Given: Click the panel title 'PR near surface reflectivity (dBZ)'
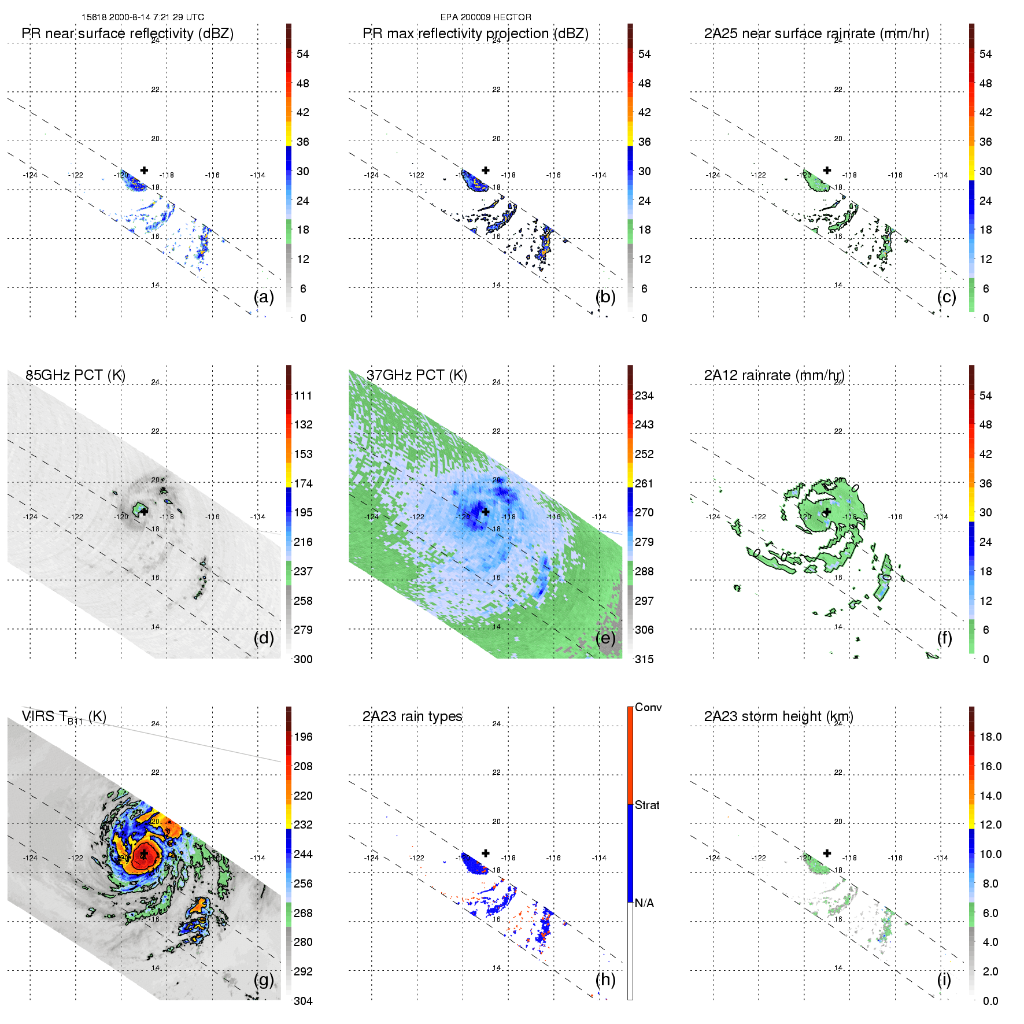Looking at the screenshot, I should [x=127, y=34].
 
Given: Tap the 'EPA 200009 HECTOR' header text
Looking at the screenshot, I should [x=486, y=17].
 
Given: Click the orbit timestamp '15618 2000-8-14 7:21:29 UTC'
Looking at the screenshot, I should [x=143, y=17].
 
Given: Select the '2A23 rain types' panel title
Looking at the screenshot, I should [x=412, y=716].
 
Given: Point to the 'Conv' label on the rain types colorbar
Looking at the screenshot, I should [x=648, y=707].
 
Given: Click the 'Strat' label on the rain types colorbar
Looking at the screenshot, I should [x=647, y=805].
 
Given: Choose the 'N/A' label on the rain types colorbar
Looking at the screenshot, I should [x=644, y=903].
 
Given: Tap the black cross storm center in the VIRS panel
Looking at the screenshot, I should [x=144, y=854].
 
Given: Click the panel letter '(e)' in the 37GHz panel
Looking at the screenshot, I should [x=605, y=638].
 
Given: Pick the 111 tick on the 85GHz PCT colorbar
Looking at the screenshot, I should [x=303, y=395].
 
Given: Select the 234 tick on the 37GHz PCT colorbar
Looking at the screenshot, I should [x=644, y=395].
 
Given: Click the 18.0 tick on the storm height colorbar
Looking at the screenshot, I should [x=990, y=737].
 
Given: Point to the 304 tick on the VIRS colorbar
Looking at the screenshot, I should [x=303, y=1001].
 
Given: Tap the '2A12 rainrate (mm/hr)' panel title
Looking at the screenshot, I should [x=774, y=375].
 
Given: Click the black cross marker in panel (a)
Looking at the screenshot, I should [x=144, y=170].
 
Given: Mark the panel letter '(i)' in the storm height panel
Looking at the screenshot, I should [x=944, y=979].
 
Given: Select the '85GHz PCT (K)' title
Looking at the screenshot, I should [x=75, y=375].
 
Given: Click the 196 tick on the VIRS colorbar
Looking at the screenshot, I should [x=303, y=737].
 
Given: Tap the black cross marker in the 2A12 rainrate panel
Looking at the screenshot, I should [x=827, y=512].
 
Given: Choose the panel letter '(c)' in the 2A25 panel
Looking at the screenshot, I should [x=947, y=297].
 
